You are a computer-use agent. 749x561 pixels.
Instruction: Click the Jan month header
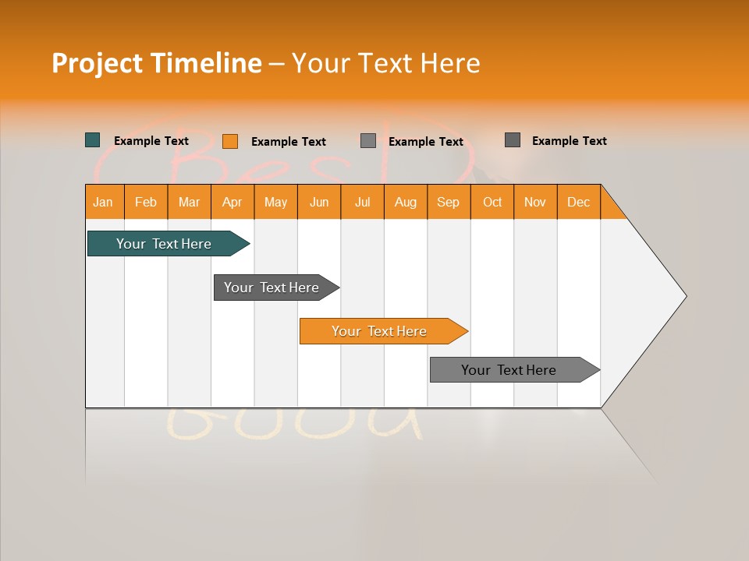(x=103, y=202)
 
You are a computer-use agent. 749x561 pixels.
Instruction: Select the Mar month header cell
(x=189, y=202)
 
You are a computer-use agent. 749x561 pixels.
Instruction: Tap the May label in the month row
(x=275, y=202)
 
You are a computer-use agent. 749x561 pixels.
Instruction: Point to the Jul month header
(x=362, y=202)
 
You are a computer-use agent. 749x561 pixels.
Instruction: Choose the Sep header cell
(x=448, y=202)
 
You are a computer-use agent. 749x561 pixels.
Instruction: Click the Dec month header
(x=578, y=202)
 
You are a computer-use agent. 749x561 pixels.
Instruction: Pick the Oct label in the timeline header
(x=492, y=202)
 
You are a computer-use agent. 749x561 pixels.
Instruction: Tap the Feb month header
(x=146, y=202)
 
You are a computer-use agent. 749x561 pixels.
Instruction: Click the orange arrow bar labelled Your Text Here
(x=380, y=331)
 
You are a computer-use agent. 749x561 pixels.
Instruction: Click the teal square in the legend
(x=93, y=140)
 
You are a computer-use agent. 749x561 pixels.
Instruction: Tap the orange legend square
(x=230, y=141)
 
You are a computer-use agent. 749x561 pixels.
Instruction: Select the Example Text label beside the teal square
(x=151, y=141)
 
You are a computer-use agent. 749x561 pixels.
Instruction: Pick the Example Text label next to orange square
(x=289, y=142)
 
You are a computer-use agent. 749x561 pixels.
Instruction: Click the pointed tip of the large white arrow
(x=684, y=295)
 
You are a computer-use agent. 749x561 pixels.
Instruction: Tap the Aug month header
(x=406, y=202)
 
